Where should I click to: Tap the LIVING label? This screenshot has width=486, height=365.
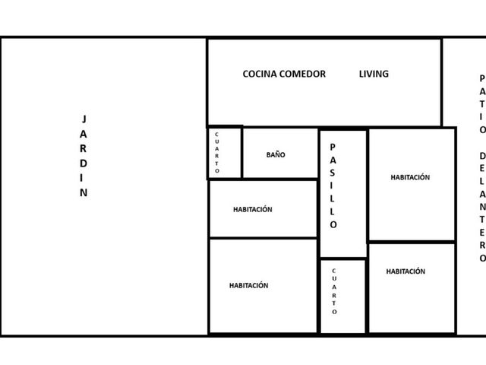coord(374,74)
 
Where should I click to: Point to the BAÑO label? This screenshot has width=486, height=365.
coord(276,154)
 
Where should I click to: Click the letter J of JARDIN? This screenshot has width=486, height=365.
coord(84,119)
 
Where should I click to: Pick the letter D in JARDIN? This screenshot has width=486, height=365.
coord(84,163)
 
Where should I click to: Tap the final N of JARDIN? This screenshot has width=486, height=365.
coord(84,192)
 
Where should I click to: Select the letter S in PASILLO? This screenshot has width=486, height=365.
coord(333,173)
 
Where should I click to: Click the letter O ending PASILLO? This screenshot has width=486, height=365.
coord(333,224)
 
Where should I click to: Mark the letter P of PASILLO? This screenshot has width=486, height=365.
coord(333,147)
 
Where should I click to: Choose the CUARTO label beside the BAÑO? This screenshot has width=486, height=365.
coord(216,152)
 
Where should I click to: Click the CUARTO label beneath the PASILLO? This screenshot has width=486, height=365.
coord(334,291)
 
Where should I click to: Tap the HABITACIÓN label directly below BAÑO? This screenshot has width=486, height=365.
coord(253,210)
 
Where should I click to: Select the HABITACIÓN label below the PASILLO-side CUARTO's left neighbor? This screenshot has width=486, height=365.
coord(248,286)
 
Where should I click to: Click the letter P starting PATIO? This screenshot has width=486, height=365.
coord(482,78)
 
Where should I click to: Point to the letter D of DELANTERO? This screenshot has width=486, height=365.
coord(482,155)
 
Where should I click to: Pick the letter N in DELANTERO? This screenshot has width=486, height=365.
coord(482,207)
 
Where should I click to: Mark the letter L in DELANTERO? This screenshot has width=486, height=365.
coord(482,181)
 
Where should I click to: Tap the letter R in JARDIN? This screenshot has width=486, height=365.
coord(83,149)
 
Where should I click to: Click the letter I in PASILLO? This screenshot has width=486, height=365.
coord(332,186)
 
